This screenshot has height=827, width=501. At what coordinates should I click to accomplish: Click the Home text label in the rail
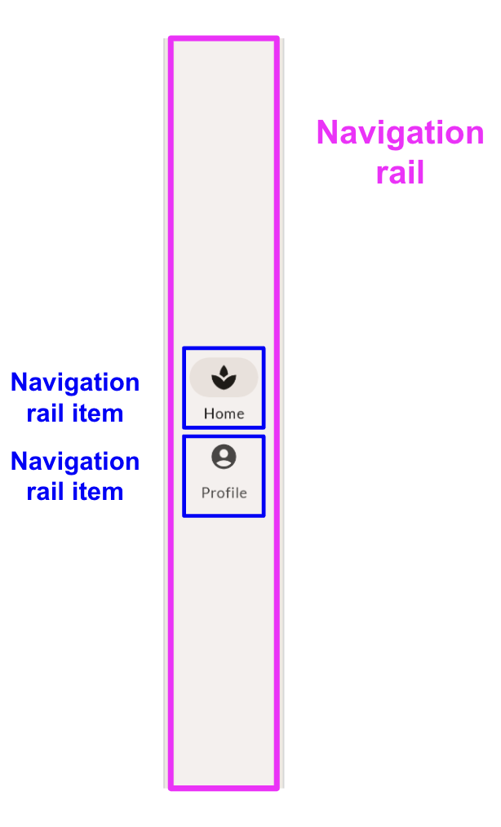click(224, 413)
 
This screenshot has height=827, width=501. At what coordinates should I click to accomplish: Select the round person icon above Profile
click(224, 457)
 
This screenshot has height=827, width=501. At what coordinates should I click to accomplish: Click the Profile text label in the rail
click(224, 493)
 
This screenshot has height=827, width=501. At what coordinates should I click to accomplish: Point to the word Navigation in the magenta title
click(400, 133)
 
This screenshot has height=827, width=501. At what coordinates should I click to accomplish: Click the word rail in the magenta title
click(400, 173)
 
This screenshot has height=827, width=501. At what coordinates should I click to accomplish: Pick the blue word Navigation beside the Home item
click(75, 383)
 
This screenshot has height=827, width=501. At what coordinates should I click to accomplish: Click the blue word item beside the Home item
click(98, 413)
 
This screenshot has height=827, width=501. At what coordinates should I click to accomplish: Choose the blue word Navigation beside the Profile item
click(75, 462)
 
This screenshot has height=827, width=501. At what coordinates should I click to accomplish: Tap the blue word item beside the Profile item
click(98, 492)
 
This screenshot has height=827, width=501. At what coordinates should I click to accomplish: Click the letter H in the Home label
click(208, 413)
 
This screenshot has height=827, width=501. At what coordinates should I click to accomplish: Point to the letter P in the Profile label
click(206, 493)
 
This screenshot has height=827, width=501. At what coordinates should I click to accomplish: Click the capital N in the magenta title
click(326, 133)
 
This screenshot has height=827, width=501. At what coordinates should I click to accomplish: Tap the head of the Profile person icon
click(224, 453)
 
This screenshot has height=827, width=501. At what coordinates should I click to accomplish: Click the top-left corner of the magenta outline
click(171, 38)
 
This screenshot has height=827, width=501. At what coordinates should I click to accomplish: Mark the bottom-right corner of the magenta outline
click(277, 788)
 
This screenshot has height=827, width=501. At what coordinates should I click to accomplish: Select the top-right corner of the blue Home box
click(264, 349)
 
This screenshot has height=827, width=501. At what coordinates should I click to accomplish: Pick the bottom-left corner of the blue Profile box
click(184, 515)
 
